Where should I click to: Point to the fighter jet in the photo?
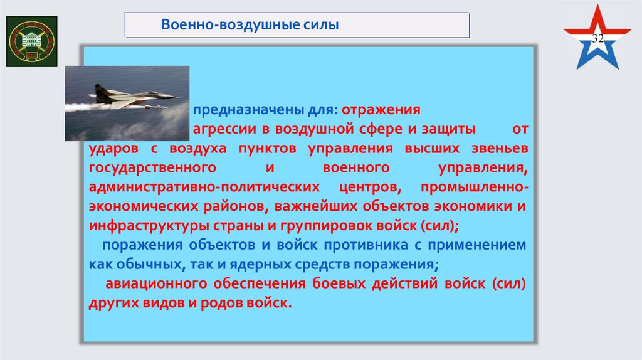(x=132, y=96)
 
